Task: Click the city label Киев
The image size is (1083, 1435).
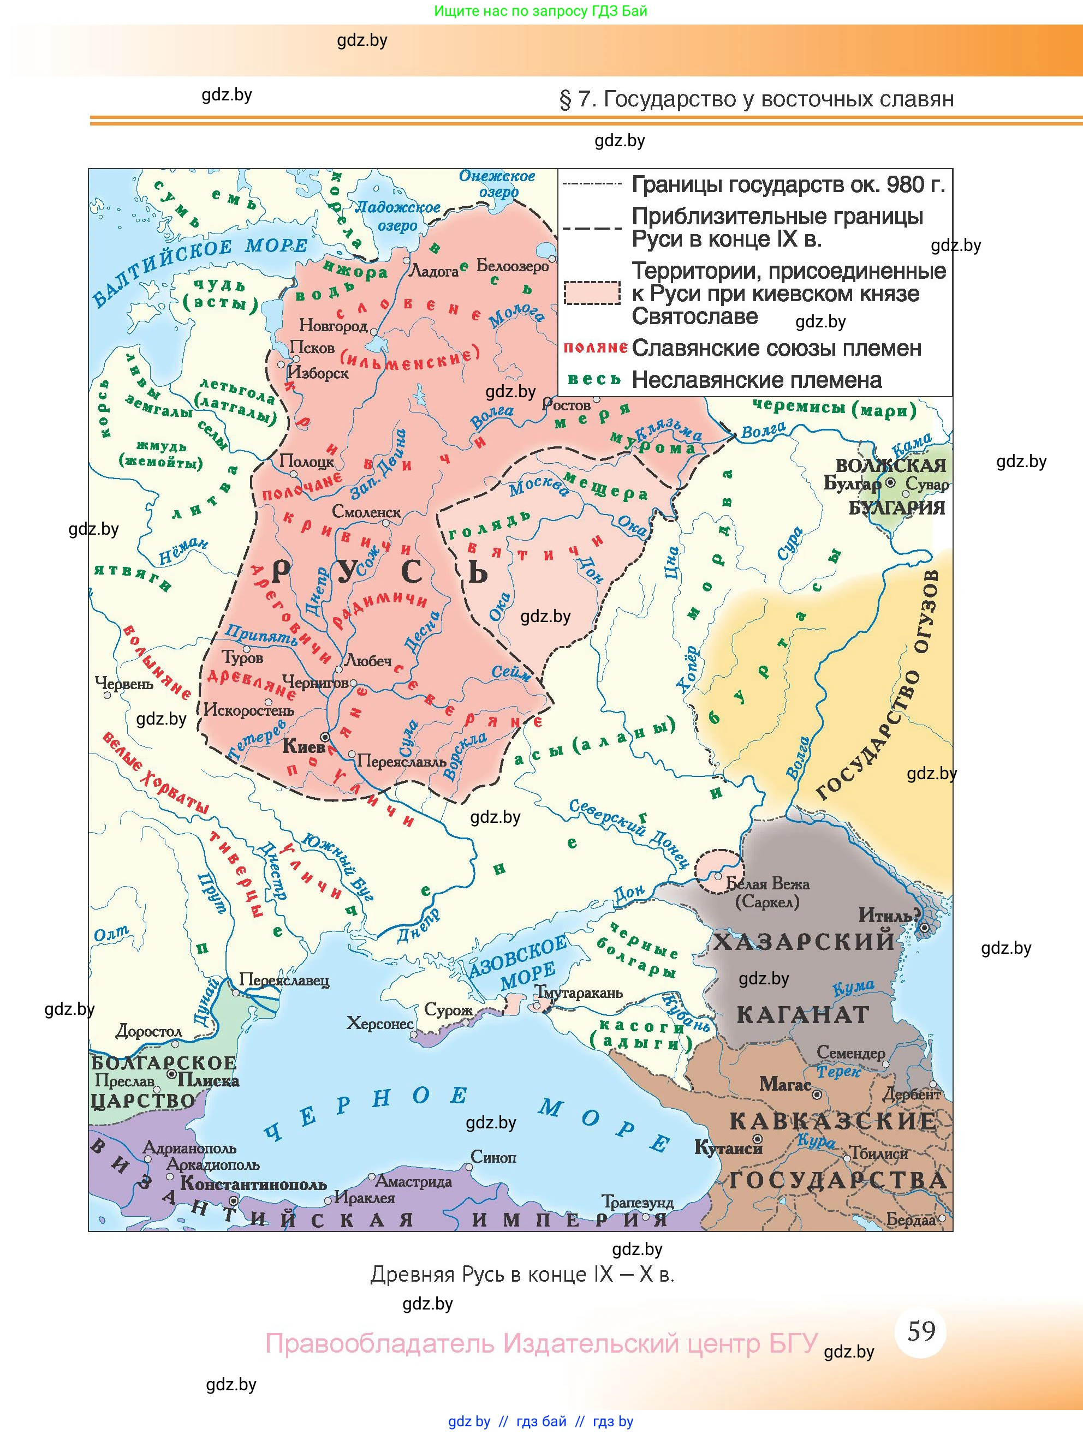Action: point(303,747)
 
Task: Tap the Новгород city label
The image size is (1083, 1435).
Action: point(333,325)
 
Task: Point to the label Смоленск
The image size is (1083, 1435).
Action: point(366,512)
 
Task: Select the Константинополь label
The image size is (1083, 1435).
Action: point(253,1184)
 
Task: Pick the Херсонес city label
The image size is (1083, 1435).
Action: point(379,1024)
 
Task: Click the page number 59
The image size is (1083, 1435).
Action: point(921,1331)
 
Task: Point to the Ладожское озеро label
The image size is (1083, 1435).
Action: point(397,216)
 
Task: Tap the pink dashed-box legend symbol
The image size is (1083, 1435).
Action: point(592,292)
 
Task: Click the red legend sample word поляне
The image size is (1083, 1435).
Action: point(594,348)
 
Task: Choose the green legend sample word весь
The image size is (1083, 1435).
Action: point(594,380)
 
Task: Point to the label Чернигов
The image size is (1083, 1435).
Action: point(315,683)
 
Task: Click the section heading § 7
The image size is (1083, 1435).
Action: point(756,99)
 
